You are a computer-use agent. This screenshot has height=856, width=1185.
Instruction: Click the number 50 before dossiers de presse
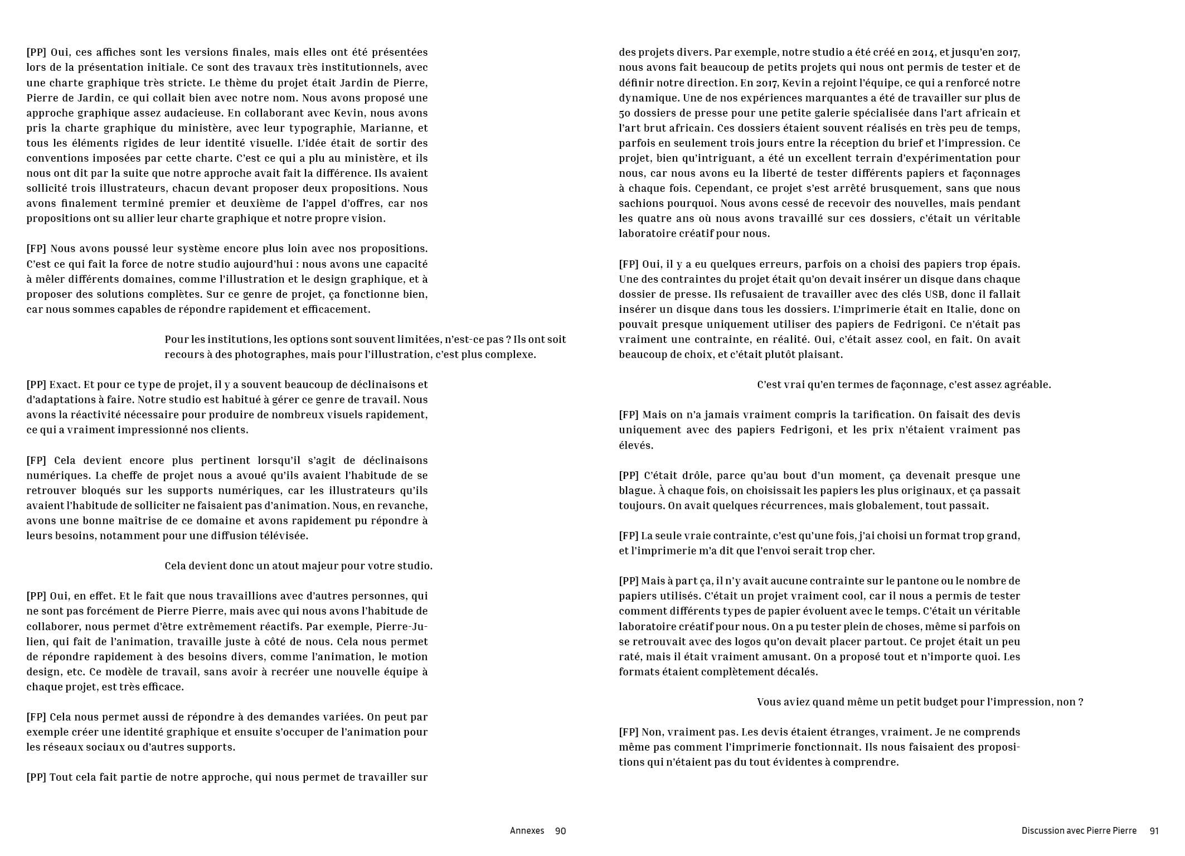click(x=624, y=113)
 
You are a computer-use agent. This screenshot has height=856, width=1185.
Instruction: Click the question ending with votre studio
click(x=298, y=566)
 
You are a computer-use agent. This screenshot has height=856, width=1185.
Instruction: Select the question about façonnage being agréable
click(x=904, y=385)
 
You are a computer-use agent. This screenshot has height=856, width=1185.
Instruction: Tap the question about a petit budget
click(x=920, y=702)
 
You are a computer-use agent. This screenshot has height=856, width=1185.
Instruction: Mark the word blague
click(x=636, y=491)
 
